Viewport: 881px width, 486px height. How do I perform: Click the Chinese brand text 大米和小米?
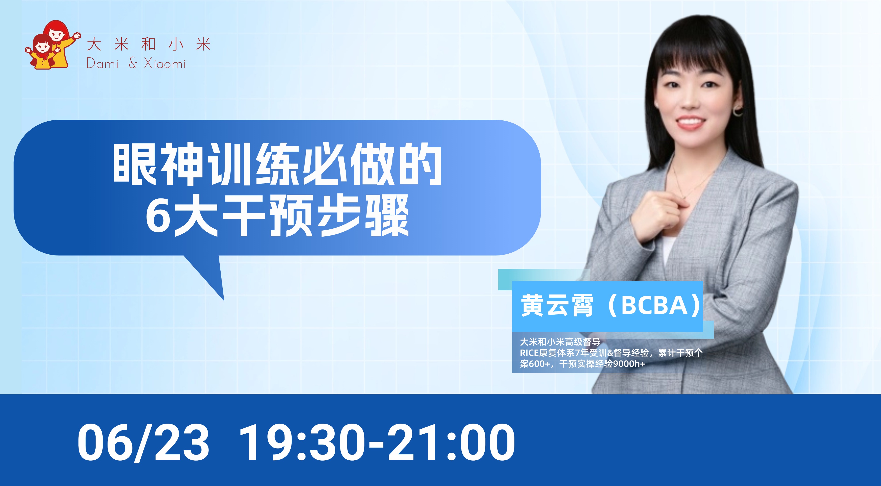coord(149,45)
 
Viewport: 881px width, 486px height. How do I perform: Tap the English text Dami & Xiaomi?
coord(136,64)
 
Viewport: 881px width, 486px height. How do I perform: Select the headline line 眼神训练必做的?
coord(277,165)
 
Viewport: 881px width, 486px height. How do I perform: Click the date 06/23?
coord(143,442)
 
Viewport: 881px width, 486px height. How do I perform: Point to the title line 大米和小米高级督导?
coord(560,342)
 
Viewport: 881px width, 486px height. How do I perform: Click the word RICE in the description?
coord(529,353)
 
